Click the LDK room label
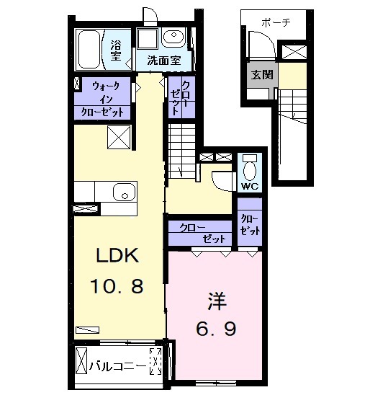tap(117, 255)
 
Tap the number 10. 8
tap(117, 285)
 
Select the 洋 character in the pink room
tap(217, 301)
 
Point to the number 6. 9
tap(216, 329)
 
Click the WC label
tap(250, 186)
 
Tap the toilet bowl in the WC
tap(250, 171)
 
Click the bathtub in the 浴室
tap(89, 50)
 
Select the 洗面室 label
tap(163, 61)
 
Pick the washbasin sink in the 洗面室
tap(173, 37)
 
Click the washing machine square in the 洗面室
tap(148, 38)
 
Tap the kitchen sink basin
tap(125, 192)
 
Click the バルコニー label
tap(117, 367)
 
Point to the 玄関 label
tap(262, 75)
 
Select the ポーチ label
tap(276, 22)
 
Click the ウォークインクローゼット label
tap(102, 99)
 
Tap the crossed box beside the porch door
tap(294, 52)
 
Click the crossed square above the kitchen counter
tap(119, 138)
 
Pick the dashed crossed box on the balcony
tap(155, 361)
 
